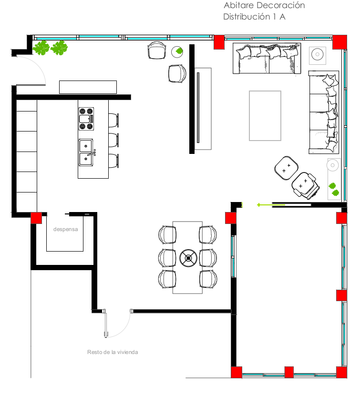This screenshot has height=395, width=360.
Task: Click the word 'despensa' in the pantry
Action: tap(65, 229)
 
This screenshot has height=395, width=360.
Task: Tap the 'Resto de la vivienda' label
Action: tap(113, 352)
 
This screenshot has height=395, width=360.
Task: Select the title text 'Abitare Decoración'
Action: tap(264, 5)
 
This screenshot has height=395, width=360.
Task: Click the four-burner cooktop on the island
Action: tap(86, 119)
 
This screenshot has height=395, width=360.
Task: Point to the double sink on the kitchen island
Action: tap(86, 152)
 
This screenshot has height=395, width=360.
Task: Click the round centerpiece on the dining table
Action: tap(188, 258)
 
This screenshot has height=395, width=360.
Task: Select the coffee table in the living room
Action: tap(265, 116)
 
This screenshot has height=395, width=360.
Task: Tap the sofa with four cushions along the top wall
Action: tap(267, 59)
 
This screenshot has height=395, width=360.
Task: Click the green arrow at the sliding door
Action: tap(271, 205)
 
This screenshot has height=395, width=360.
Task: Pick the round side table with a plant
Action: tap(177, 51)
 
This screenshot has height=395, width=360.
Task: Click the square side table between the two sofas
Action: tap(318, 55)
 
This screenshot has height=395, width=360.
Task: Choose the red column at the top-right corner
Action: tap(339, 42)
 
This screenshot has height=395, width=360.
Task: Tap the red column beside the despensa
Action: tap(36, 218)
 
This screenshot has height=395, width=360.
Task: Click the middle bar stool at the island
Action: tap(113, 140)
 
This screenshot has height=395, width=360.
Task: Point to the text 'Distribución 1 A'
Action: tap(254, 17)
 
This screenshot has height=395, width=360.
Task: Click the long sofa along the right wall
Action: tap(324, 112)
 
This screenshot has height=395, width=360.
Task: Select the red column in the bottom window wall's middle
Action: tap(289, 372)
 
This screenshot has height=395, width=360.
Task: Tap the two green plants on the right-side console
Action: tap(334, 189)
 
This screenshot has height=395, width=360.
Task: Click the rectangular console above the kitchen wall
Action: tap(88, 87)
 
